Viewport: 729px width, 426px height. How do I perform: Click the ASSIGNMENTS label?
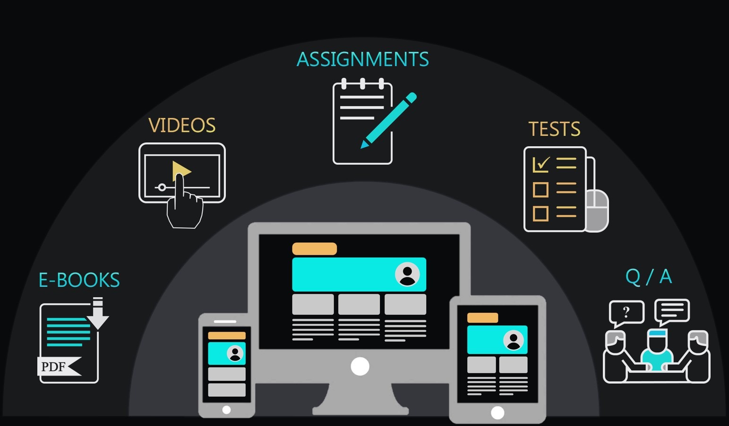click(362, 59)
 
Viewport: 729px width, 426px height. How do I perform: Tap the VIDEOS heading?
click(182, 125)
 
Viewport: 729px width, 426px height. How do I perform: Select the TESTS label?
click(554, 129)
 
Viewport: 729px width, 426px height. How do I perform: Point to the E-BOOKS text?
click(79, 280)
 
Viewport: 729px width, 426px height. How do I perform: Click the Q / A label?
click(649, 277)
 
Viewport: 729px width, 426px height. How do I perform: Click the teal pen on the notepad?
click(388, 121)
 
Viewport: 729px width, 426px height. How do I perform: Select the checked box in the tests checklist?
click(541, 165)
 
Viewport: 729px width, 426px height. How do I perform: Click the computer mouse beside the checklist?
click(597, 210)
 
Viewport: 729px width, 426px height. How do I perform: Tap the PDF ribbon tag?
click(59, 367)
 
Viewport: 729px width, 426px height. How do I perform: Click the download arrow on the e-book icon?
click(98, 313)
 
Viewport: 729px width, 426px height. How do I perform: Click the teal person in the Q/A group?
click(657, 351)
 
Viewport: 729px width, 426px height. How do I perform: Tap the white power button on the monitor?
click(360, 366)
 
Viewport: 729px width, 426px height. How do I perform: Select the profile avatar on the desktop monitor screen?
click(407, 274)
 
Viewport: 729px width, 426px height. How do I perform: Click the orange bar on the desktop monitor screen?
click(314, 249)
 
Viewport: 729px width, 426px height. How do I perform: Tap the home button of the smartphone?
click(226, 410)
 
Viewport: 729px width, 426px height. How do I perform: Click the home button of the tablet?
click(497, 413)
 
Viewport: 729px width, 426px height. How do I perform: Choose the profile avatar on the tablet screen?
click(513, 340)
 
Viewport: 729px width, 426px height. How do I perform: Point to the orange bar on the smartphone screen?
click(227, 336)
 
